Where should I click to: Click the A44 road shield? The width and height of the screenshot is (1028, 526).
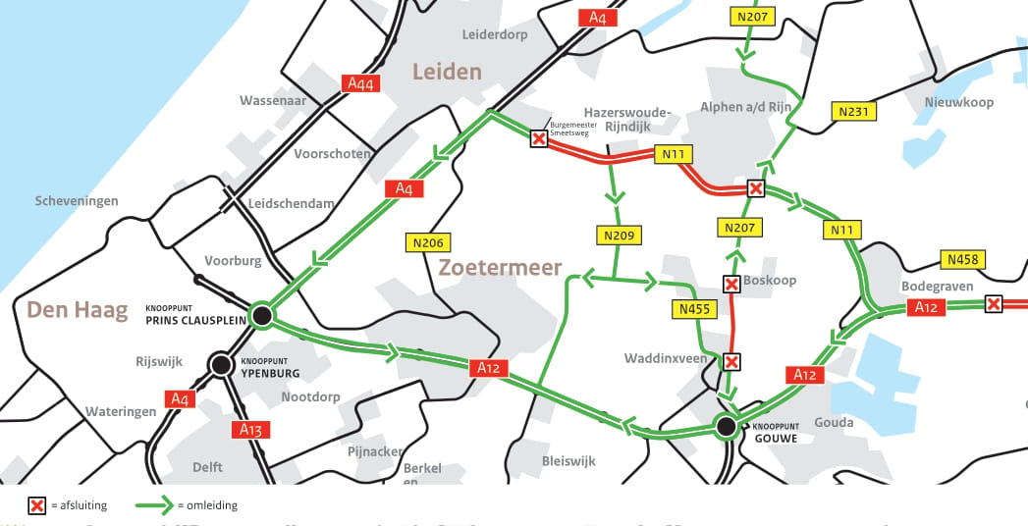point(360,83)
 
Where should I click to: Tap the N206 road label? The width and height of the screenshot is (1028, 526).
point(424,241)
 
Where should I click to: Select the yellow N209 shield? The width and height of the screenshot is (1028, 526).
point(615,236)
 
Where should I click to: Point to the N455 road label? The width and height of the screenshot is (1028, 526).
point(694,310)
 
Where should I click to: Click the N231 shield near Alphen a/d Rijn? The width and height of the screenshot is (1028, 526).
point(853,111)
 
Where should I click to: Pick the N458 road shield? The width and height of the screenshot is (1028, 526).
point(962,259)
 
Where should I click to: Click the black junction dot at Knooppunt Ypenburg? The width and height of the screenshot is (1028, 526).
point(220,364)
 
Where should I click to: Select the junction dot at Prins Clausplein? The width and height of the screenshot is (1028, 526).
point(261,315)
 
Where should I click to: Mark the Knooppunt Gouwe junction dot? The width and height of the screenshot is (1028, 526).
point(726,426)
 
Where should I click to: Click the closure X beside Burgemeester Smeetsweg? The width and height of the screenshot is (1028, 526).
point(538,138)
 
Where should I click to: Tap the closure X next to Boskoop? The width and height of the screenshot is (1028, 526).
point(731,285)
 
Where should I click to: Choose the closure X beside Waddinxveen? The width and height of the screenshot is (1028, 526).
point(731,362)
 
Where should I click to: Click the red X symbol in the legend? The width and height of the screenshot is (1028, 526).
point(37,505)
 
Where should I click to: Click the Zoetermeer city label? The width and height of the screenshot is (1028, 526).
point(500,267)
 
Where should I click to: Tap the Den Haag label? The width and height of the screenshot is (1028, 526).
point(77,310)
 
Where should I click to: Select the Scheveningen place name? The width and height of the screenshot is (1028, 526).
point(77,201)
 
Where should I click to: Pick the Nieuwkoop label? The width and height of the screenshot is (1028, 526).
point(958,102)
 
